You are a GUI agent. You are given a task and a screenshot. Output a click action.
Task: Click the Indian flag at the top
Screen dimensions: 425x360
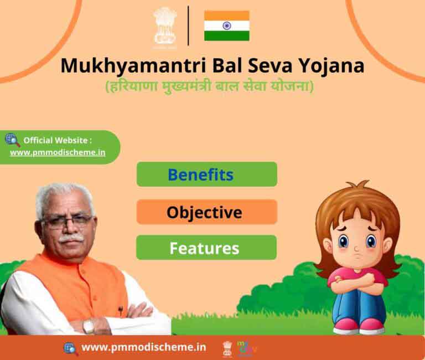(226, 26)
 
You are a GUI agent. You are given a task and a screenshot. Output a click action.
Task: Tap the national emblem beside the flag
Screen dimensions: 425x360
(165, 27)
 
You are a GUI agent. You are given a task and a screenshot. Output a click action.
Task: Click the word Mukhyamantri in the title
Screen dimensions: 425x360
(133, 66)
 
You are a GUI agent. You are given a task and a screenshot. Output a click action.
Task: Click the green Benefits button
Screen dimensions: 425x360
(207, 174)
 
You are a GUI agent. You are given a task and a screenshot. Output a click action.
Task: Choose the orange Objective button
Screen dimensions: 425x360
(207, 212)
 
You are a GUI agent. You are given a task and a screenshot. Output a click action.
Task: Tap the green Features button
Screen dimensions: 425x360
(206, 248)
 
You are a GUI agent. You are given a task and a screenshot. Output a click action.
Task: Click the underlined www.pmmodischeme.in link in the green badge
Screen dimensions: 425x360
(58, 152)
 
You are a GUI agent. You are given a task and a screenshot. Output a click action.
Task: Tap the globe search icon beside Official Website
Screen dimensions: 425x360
(13, 140)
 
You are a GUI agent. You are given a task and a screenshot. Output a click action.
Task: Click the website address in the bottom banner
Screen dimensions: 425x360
(144, 347)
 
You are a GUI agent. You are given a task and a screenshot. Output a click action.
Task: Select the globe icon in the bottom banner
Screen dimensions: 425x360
(71, 348)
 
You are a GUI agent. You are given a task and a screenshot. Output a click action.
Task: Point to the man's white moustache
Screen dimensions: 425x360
(71, 239)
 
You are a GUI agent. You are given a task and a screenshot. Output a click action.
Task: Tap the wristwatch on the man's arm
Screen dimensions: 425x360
(89, 326)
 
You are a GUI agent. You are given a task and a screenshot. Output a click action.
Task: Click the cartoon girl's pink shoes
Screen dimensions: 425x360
(359, 326)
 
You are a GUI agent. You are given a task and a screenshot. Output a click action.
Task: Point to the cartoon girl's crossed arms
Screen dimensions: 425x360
(357, 281)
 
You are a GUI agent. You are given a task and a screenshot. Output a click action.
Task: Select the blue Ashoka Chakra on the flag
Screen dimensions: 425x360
(226, 26)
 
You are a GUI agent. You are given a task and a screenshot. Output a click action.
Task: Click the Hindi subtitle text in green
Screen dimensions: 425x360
(210, 86)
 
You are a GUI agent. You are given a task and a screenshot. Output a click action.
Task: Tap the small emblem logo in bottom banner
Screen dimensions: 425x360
(227, 348)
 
